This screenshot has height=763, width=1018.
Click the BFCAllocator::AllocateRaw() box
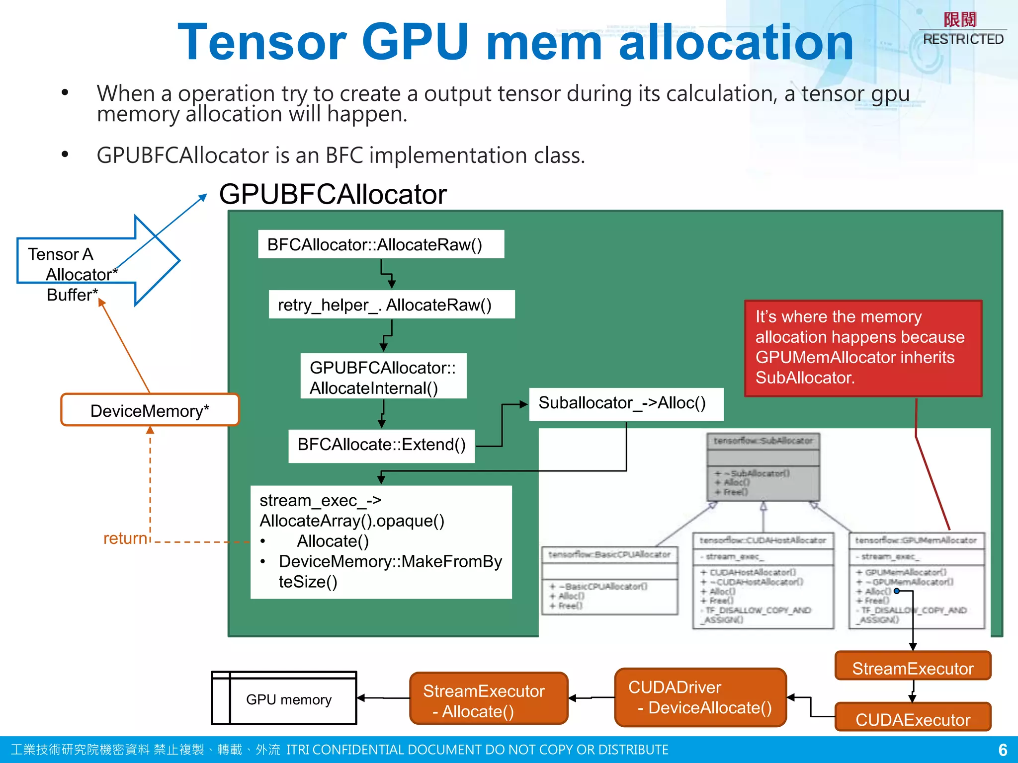click(x=381, y=244)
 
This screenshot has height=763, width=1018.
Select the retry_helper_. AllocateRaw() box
click(x=391, y=305)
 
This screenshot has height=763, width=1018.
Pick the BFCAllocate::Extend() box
click(x=381, y=446)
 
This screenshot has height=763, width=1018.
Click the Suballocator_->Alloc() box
click(x=625, y=403)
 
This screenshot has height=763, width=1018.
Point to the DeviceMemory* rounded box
click(x=150, y=410)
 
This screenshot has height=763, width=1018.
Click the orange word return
click(x=125, y=538)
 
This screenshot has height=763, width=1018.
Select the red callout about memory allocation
click(x=863, y=348)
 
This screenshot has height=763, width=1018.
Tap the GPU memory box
click(x=288, y=699)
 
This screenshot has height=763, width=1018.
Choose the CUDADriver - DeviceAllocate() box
click(x=700, y=697)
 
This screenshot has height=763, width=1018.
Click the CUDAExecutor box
click(x=913, y=719)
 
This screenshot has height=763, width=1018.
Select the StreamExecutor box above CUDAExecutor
click(x=913, y=667)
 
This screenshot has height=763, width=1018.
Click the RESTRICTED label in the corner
click(x=963, y=39)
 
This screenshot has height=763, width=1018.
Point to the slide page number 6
click(x=1003, y=750)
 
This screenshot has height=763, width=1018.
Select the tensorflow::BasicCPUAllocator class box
click(x=609, y=580)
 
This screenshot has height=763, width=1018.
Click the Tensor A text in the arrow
click(x=60, y=254)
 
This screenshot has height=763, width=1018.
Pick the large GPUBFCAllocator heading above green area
click(x=333, y=194)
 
